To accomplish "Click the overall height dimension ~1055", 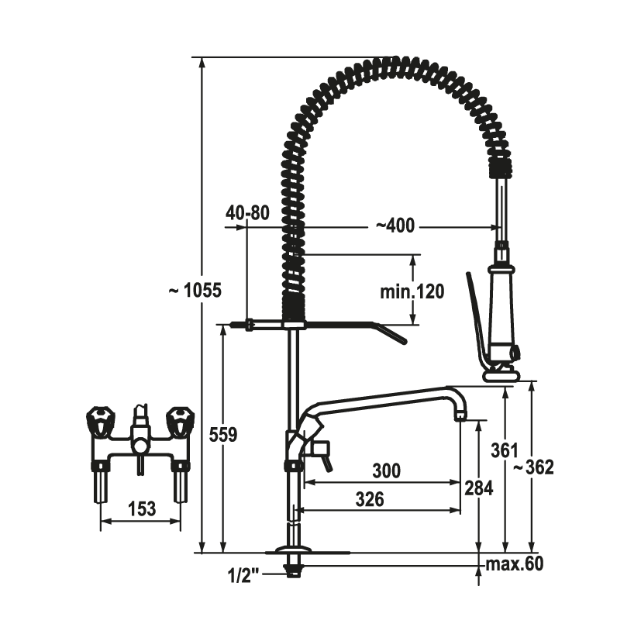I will click(195, 291).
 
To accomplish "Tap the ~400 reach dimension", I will click(395, 226).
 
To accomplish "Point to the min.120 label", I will click(412, 292).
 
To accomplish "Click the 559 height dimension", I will click(222, 435).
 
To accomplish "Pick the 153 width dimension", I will click(142, 508).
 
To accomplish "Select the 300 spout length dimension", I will click(386, 470).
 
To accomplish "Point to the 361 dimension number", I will click(505, 450).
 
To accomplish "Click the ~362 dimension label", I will click(533, 467).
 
